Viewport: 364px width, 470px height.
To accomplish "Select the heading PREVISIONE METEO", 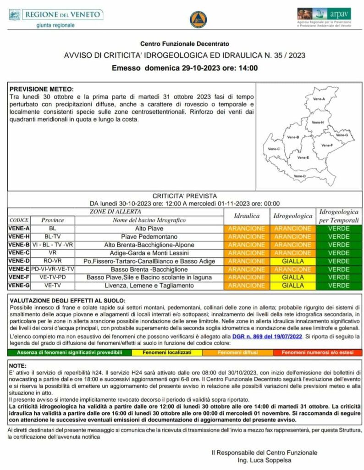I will (x=42, y=89).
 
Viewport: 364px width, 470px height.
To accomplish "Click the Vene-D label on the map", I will (x=300, y=176).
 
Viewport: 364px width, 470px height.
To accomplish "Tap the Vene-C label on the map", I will (x=274, y=149).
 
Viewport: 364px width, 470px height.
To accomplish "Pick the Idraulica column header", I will (x=247, y=215).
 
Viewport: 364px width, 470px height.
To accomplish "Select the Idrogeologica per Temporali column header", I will (x=339, y=216).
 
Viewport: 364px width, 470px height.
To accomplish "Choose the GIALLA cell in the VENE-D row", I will (x=292, y=261).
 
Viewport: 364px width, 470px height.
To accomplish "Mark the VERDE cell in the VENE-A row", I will (x=339, y=228).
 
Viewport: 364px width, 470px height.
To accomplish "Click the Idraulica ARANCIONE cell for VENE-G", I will (x=247, y=285).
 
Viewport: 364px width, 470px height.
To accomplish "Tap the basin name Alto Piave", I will (x=149, y=228).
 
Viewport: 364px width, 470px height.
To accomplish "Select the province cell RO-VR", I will (x=52, y=261).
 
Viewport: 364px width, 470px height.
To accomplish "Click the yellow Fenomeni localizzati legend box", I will (x=157, y=352).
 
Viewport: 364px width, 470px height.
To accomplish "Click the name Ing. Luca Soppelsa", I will (x=265, y=460).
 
